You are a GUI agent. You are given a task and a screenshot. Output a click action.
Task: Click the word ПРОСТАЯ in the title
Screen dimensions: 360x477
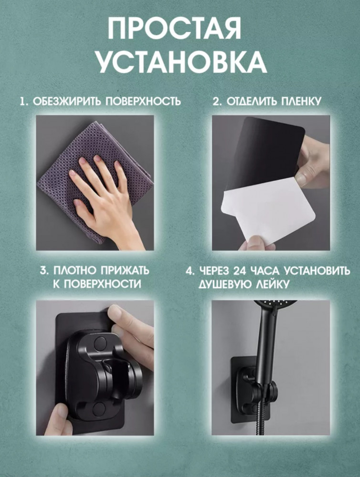tap(175, 28)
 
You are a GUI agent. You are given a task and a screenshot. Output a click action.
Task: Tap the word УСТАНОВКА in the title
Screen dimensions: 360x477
tap(181, 62)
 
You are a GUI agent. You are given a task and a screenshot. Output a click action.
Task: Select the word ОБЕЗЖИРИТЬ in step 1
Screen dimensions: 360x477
tap(68, 101)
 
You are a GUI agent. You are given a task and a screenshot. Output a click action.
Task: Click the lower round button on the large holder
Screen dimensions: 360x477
tap(99, 408)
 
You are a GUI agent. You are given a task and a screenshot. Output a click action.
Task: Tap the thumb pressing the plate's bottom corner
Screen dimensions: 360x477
tap(61, 419)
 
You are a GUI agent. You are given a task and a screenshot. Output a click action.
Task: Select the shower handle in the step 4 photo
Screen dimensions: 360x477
tap(265, 353)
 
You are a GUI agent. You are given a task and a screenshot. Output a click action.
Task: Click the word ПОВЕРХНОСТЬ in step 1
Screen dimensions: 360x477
tap(143, 101)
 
